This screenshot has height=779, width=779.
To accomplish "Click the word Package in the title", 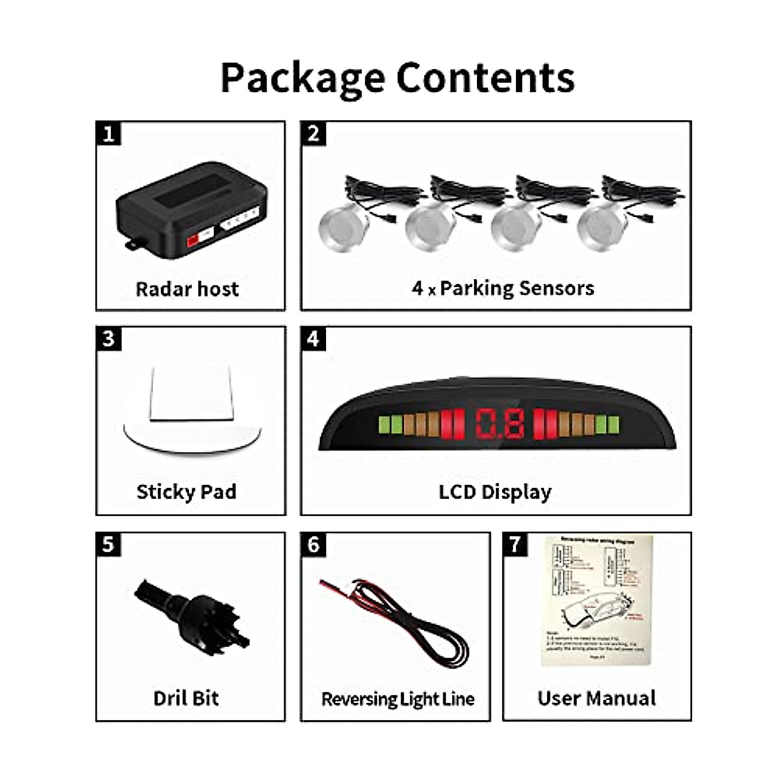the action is click(x=302, y=78).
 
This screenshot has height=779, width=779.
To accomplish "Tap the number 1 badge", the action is click(x=108, y=134).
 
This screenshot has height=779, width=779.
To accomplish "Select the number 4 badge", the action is click(x=314, y=339).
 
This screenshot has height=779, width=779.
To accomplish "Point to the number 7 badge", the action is click(x=515, y=544).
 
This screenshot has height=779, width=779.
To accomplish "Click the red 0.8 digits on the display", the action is click(x=500, y=425).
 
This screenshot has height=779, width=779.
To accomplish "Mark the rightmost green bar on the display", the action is click(x=612, y=425).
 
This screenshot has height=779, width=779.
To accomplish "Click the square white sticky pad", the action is click(x=188, y=394).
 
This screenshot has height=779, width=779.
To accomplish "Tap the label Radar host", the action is click(x=187, y=289).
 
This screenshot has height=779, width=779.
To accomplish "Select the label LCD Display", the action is click(x=495, y=492).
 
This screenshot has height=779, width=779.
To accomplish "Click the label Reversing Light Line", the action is click(x=397, y=699).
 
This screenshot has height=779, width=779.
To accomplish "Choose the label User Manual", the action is click(x=597, y=699).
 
